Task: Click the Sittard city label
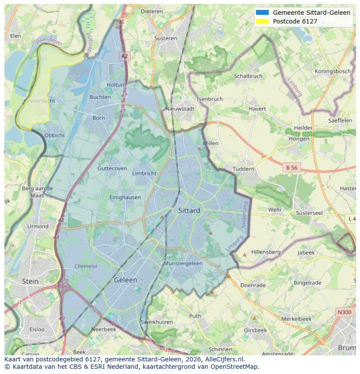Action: click(189, 211)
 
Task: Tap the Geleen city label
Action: click(125, 280)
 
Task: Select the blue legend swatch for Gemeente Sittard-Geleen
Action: click(263, 13)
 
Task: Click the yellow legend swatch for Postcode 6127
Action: click(263, 21)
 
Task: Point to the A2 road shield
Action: click(125, 56)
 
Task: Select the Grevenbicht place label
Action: click(40, 101)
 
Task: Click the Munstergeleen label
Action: click(183, 264)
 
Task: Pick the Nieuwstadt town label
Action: click(180, 109)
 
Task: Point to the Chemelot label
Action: click(86, 266)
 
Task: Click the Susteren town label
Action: click(166, 38)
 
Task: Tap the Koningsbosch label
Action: click(333, 71)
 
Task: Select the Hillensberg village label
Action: click(266, 252)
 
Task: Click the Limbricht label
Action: click(144, 173)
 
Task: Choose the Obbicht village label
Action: click(55, 135)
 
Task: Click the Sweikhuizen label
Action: click(157, 322)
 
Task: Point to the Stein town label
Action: click(30, 281)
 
